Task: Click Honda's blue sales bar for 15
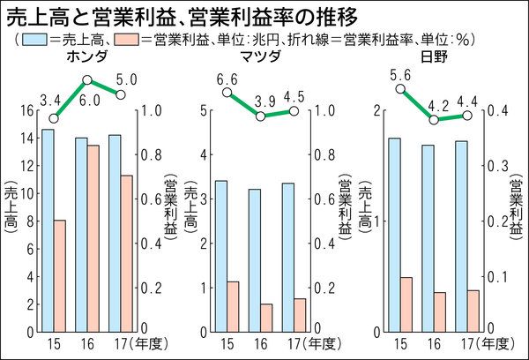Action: (48, 230)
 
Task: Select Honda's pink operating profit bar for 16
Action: (93, 238)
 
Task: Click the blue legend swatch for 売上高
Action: (34, 39)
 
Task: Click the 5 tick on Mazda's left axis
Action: (205, 111)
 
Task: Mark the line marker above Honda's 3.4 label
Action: (53, 117)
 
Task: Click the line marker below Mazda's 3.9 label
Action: (260, 116)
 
